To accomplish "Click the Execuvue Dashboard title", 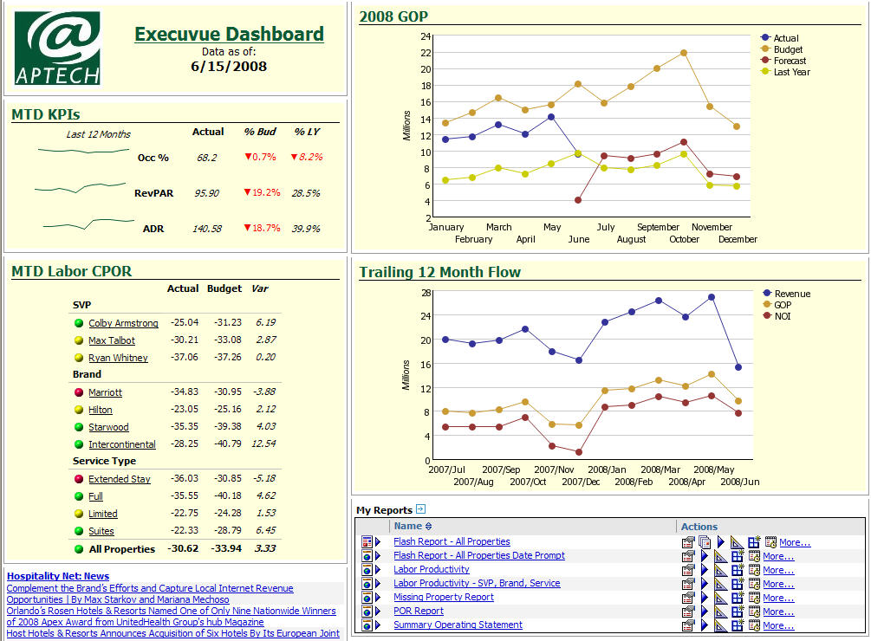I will point(229,35).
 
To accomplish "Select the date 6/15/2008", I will point(229,66).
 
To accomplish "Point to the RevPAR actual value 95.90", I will point(206,193).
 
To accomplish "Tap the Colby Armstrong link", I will point(123,323).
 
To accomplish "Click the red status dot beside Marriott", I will point(79,392).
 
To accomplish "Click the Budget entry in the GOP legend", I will point(788,49).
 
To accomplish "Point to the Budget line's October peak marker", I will point(684,53).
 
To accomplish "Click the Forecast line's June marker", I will point(578,200).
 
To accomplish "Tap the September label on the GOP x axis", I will point(659,227).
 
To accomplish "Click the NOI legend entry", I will point(782,316).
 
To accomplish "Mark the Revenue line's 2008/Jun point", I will point(738,367).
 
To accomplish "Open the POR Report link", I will point(419,611).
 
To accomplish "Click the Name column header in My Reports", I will point(408,526).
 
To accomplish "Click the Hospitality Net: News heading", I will point(58,576).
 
